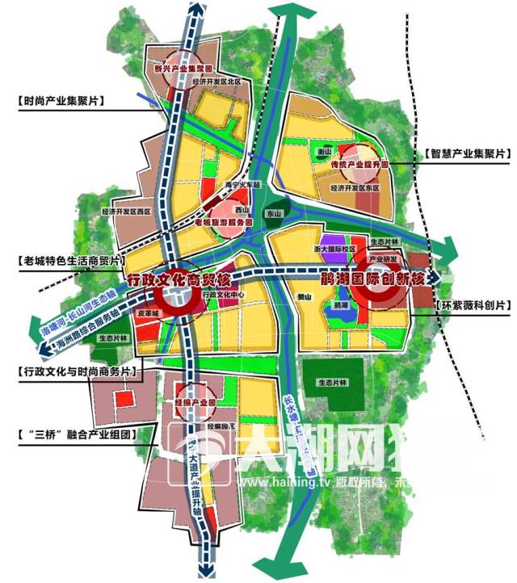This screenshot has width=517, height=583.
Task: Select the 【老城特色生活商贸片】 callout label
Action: [x=71, y=262]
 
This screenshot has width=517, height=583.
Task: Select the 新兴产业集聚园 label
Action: [x=182, y=69]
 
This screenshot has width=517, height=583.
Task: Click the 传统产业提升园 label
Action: [x=360, y=164]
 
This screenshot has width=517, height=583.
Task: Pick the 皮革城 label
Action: [x=149, y=311]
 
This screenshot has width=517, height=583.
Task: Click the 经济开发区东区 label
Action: [x=355, y=187]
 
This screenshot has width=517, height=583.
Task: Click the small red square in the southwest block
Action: [x=124, y=398]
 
